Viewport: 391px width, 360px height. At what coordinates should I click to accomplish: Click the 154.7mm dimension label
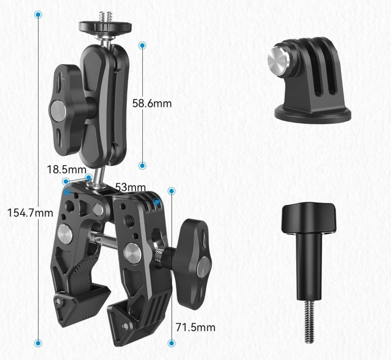point(30,213)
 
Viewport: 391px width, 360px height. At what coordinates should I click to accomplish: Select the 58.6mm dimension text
point(152,103)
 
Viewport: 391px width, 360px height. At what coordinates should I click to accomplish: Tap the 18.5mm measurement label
point(67,170)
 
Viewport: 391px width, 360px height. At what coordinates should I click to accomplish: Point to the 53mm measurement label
point(130,187)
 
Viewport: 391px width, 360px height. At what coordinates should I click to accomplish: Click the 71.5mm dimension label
point(195,327)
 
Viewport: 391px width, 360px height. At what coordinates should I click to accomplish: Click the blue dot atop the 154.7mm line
point(38,15)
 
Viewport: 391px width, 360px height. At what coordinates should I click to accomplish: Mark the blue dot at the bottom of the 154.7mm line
point(38,343)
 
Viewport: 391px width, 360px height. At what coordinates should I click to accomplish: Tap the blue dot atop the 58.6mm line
point(142,45)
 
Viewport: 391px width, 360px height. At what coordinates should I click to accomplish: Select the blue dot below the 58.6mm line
point(142,165)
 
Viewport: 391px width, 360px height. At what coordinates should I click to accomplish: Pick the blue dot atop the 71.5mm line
point(172,191)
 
